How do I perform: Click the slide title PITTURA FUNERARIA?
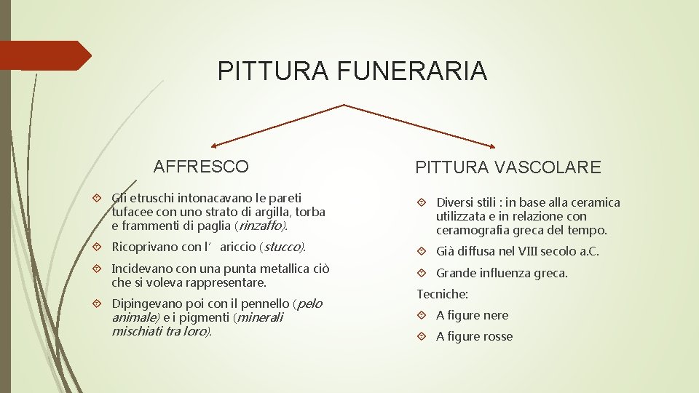(x=352, y=71)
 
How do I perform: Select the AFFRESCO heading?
(x=201, y=167)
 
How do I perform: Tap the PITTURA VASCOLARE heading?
(x=508, y=168)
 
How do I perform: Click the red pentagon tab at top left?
(x=44, y=55)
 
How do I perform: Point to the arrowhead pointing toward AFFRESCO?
(x=216, y=146)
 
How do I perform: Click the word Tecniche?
(x=442, y=295)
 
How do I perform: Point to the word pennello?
(x=264, y=303)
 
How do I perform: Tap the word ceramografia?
(x=471, y=231)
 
